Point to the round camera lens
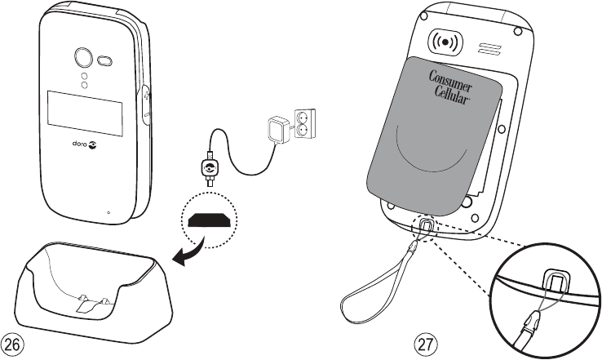82,56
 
